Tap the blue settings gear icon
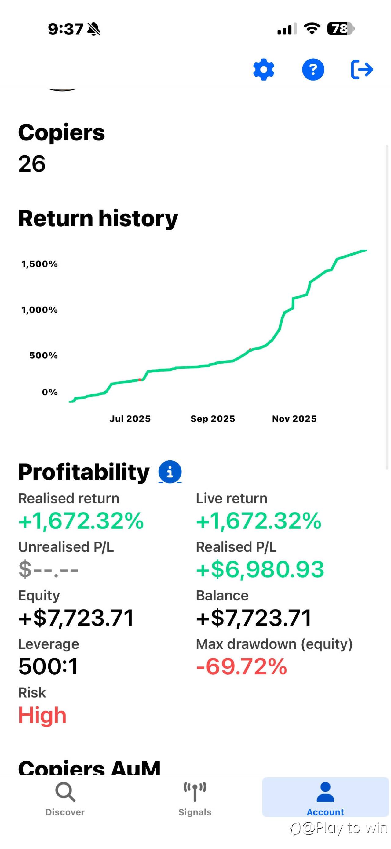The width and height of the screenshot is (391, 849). [263, 70]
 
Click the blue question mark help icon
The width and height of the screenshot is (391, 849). [313, 70]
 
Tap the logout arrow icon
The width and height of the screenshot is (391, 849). [362, 70]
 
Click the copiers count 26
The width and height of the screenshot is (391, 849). [32, 164]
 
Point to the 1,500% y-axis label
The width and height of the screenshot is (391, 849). [40, 264]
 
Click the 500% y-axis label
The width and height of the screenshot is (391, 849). [43, 355]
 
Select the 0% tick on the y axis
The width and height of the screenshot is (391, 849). [50, 392]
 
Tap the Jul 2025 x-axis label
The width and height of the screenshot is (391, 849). [130, 419]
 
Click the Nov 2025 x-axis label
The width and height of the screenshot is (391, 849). [294, 419]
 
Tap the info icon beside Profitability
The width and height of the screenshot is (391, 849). [170, 472]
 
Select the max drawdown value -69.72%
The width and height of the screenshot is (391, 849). [242, 666]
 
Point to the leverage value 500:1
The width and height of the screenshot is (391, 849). [48, 666]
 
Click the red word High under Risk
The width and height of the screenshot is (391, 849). [42, 715]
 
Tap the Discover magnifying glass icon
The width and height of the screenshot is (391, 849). [65, 792]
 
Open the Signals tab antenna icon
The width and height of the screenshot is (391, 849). [195, 792]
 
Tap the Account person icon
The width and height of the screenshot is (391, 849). [325, 792]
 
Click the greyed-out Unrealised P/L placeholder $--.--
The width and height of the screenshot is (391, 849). [49, 570]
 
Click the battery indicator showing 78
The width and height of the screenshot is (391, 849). [340, 29]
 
